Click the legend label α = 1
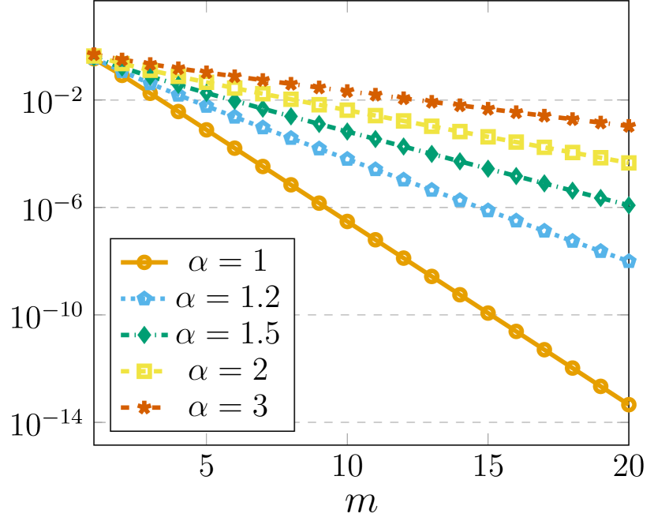click(x=228, y=260)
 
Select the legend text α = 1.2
click(x=228, y=297)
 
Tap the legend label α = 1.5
click(x=228, y=333)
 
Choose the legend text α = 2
click(x=228, y=369)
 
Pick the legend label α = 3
click(x=228, y=407)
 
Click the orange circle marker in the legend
click(x=144, y=261)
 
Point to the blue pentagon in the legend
click(x=144, y=298)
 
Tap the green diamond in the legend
click(x=144, y=334)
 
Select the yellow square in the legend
click(x=144, y=370)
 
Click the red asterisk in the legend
click(x=144, y=407)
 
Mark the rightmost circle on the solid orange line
click(x=628, y=405)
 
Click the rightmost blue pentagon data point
click(x=628, y=261)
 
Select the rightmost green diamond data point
click(x=628, y=205)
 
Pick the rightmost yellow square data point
click(x=628, y=163)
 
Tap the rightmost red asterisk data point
click(x=628, y=126)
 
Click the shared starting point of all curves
click(x=94, y=55)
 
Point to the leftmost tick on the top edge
click(x=207, y=6)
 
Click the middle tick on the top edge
click(x=347, y=6)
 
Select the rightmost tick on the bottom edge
click(x=488, y=437)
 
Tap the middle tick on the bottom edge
click(x=347, y=437)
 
